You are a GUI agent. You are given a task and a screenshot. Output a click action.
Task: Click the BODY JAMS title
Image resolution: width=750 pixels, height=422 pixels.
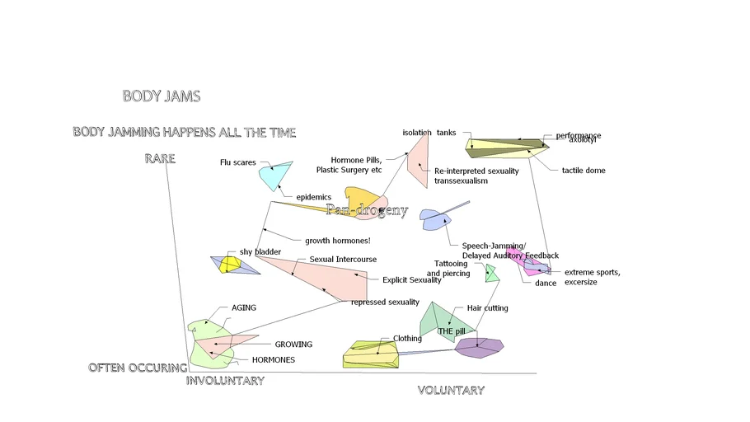point(162,96)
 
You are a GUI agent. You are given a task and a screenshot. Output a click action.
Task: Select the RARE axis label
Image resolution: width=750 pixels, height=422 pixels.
point(160,158)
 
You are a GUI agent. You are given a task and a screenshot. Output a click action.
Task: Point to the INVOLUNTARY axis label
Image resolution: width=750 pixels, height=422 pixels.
point(225,381)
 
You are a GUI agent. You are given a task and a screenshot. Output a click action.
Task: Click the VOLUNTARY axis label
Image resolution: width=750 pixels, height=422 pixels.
point(451,391)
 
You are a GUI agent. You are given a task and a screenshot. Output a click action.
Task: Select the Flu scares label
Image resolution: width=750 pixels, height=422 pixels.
point(237,162)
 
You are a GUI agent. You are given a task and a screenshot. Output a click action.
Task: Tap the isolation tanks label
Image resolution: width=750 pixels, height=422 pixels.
point(429,133)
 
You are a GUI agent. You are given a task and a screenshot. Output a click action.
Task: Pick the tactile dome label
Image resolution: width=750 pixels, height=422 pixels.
point(584,171)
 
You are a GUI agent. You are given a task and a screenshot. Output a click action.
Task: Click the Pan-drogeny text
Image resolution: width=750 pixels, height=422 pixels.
point(367,210)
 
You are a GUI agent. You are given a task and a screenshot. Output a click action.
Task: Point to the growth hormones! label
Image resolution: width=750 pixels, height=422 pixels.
point(338,241)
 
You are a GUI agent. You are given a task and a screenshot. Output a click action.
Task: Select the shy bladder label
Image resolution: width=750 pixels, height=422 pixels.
point(260,251)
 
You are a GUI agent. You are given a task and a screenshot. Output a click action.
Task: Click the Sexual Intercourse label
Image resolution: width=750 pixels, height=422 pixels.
point(343,260)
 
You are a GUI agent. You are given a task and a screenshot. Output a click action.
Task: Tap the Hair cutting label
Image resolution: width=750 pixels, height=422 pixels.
point(487,308)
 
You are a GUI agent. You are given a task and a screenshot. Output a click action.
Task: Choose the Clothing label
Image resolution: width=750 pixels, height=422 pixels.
point(407,339)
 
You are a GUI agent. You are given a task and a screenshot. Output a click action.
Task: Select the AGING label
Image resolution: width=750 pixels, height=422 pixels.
point(243,308)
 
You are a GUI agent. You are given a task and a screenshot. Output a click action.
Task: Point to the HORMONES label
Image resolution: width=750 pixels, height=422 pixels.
point(273,360)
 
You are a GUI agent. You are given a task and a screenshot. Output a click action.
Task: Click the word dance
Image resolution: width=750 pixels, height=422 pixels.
point(534,283)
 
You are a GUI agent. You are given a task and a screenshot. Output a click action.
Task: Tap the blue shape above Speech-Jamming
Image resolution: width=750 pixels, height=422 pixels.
point(435,218)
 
